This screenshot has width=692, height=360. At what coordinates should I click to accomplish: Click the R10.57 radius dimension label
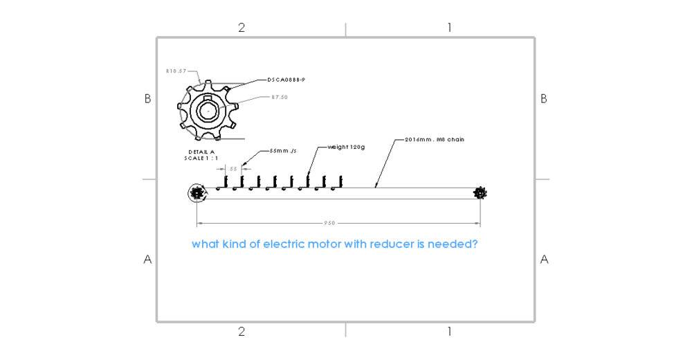tap(176, 71)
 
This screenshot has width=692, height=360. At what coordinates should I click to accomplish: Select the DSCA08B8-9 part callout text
tap(286, 80)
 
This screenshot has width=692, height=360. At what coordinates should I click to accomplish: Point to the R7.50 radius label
tap(279, 97)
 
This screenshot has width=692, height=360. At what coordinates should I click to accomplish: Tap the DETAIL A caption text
tap(202, 152)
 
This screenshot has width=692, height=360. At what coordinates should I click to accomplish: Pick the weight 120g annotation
tap(345, 147)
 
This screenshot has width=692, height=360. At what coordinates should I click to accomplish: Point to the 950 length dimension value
tap(331, 224)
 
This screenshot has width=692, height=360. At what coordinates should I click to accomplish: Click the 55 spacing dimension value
tap(233, 168)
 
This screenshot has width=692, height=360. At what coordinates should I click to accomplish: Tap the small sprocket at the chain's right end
tap(480, 193)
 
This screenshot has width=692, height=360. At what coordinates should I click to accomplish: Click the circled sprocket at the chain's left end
tap(197, 193)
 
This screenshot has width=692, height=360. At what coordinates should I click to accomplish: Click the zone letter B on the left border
tap(147, 99)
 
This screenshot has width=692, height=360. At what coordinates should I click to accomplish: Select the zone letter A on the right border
tap(544, 260)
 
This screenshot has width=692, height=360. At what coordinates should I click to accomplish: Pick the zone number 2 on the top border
tap(242, 28)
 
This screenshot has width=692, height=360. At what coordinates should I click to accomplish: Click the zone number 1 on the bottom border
tap(449, 332)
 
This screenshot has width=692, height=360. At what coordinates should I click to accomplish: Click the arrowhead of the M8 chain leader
tap(376, 186)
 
